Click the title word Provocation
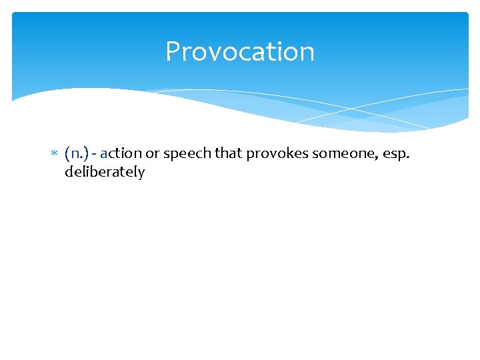(x=240, y=51)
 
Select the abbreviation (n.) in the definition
(x=77, y=153)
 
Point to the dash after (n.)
(x=95, y=154)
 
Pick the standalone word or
(x=153, y=154)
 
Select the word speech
(x=185, y=154)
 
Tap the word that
(x=228, y=153)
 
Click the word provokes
(x=274, y=154)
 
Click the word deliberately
(x=105, y=172)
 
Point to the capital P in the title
(x=173, y=51)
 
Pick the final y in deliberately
(x=141, y=173)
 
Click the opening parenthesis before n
(x=67, y=154)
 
